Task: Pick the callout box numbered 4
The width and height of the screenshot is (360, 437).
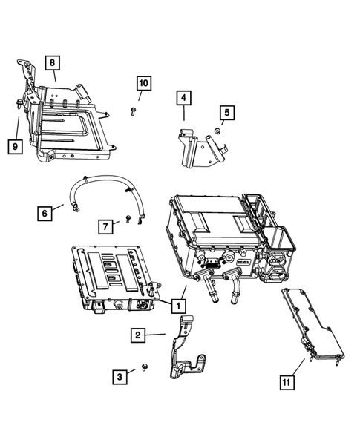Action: pos(183,97)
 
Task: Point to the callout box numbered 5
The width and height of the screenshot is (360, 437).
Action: pos(226,113)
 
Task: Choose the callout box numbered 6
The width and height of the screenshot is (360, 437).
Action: pos(45,213)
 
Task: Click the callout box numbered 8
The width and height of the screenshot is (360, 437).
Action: pos(53,63)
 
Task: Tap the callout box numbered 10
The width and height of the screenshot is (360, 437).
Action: pos(143,83)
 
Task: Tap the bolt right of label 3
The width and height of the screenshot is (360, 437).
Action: pos(143,369)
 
